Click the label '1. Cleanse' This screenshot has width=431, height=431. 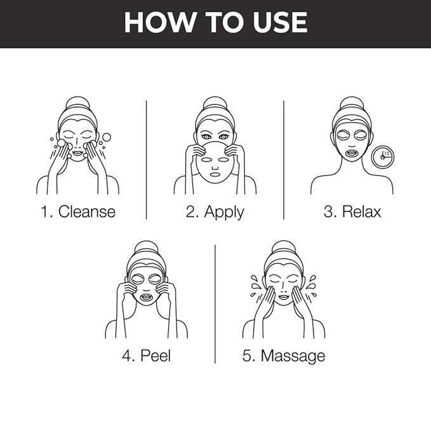(78, 211)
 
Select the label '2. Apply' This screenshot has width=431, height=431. (215, 213)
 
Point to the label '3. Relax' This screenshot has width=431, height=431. (352, 211)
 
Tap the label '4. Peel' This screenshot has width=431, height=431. (147, 355)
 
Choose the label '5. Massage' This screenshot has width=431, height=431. (284, 357)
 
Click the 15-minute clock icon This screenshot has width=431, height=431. (382, 157)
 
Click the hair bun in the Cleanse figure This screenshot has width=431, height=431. (78, 104)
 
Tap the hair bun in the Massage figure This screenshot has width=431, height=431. (284, 248)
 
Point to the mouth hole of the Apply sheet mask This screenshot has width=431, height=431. (215, 175)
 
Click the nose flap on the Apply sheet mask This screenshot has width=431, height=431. (215, 168)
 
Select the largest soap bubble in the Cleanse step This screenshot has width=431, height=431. (107, 137)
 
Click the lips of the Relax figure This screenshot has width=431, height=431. (352, 152)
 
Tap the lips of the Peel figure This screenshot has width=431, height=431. (146, 297)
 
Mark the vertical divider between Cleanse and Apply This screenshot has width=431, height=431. (146, 160)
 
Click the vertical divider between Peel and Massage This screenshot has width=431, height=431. (215, 304)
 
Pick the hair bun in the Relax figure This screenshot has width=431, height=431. (352, 104)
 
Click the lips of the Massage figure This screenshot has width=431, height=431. (283, 297)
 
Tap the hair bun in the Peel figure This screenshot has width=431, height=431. (147, 248)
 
